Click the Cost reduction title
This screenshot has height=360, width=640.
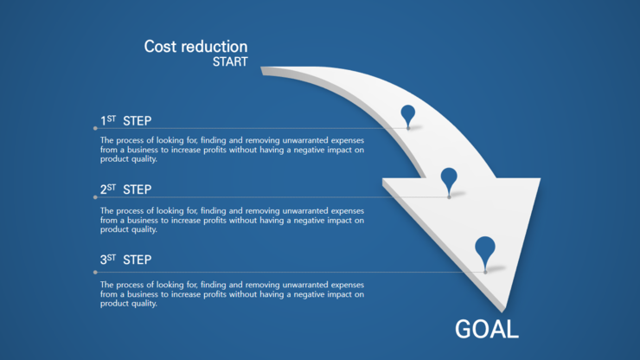tap(195, 47)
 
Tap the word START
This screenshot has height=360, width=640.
tap(230, 61)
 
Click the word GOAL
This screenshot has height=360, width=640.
tap(487, 330)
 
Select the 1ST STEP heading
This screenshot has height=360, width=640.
tap(125, 120)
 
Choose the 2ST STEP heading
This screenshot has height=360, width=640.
tap(125, 190)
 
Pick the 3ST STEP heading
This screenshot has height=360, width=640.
tap(125, 260)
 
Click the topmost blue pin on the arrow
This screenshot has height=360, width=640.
tap(407, 116)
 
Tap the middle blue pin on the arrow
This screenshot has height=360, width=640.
tap(449, 182)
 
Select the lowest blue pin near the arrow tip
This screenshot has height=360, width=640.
tap(485, 253)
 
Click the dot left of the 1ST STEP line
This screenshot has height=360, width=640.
tap(95, 128)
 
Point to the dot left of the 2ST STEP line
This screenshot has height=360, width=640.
tap(95, 197)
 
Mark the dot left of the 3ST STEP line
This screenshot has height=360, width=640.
tap(95, 272)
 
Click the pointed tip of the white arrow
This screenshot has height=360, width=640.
tap(504, 312)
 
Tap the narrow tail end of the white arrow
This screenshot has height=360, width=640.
tap(262, 71)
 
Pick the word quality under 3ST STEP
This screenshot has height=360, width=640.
tap(144, 304)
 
